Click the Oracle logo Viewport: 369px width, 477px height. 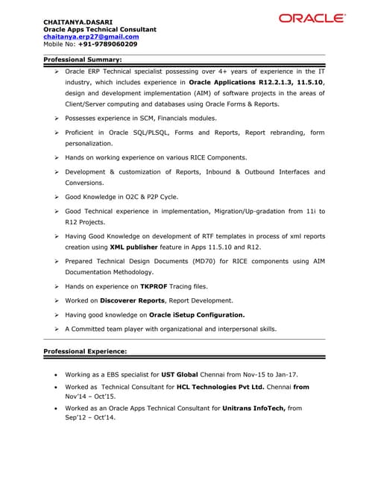[x=312, y=18]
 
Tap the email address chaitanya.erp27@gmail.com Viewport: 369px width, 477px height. [x=91, y=36]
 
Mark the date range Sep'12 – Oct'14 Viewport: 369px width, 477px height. [x=94, y=418]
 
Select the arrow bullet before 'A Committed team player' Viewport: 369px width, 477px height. [x=57, y=329]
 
